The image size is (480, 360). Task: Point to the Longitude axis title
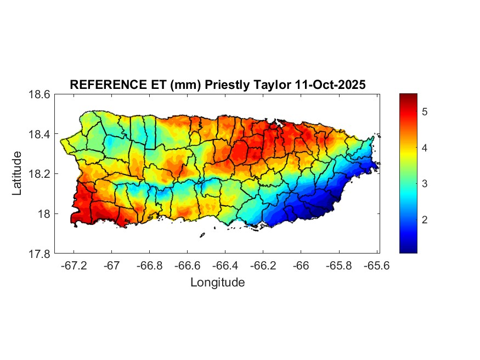(217, 283)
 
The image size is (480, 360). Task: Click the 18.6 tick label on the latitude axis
(40, 94)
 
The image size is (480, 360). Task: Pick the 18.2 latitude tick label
(40, 174)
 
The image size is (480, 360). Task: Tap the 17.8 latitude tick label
(40, 254)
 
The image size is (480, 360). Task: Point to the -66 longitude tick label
(301, 266)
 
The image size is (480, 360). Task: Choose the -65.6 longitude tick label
(376, 266)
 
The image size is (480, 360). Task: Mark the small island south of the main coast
(202, 235)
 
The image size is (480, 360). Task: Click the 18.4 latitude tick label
(40, 134)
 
